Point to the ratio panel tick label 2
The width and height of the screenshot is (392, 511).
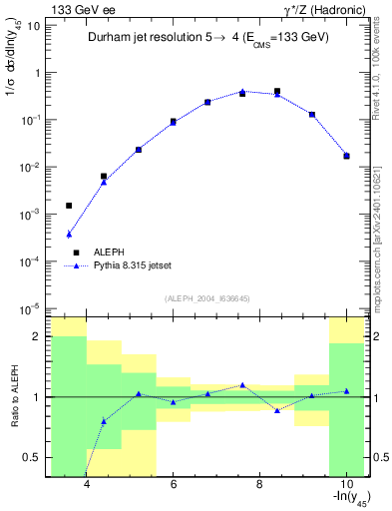[35, 336]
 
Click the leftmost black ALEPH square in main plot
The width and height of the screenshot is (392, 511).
[69, 206]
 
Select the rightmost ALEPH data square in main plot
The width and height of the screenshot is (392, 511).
[346, 156]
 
